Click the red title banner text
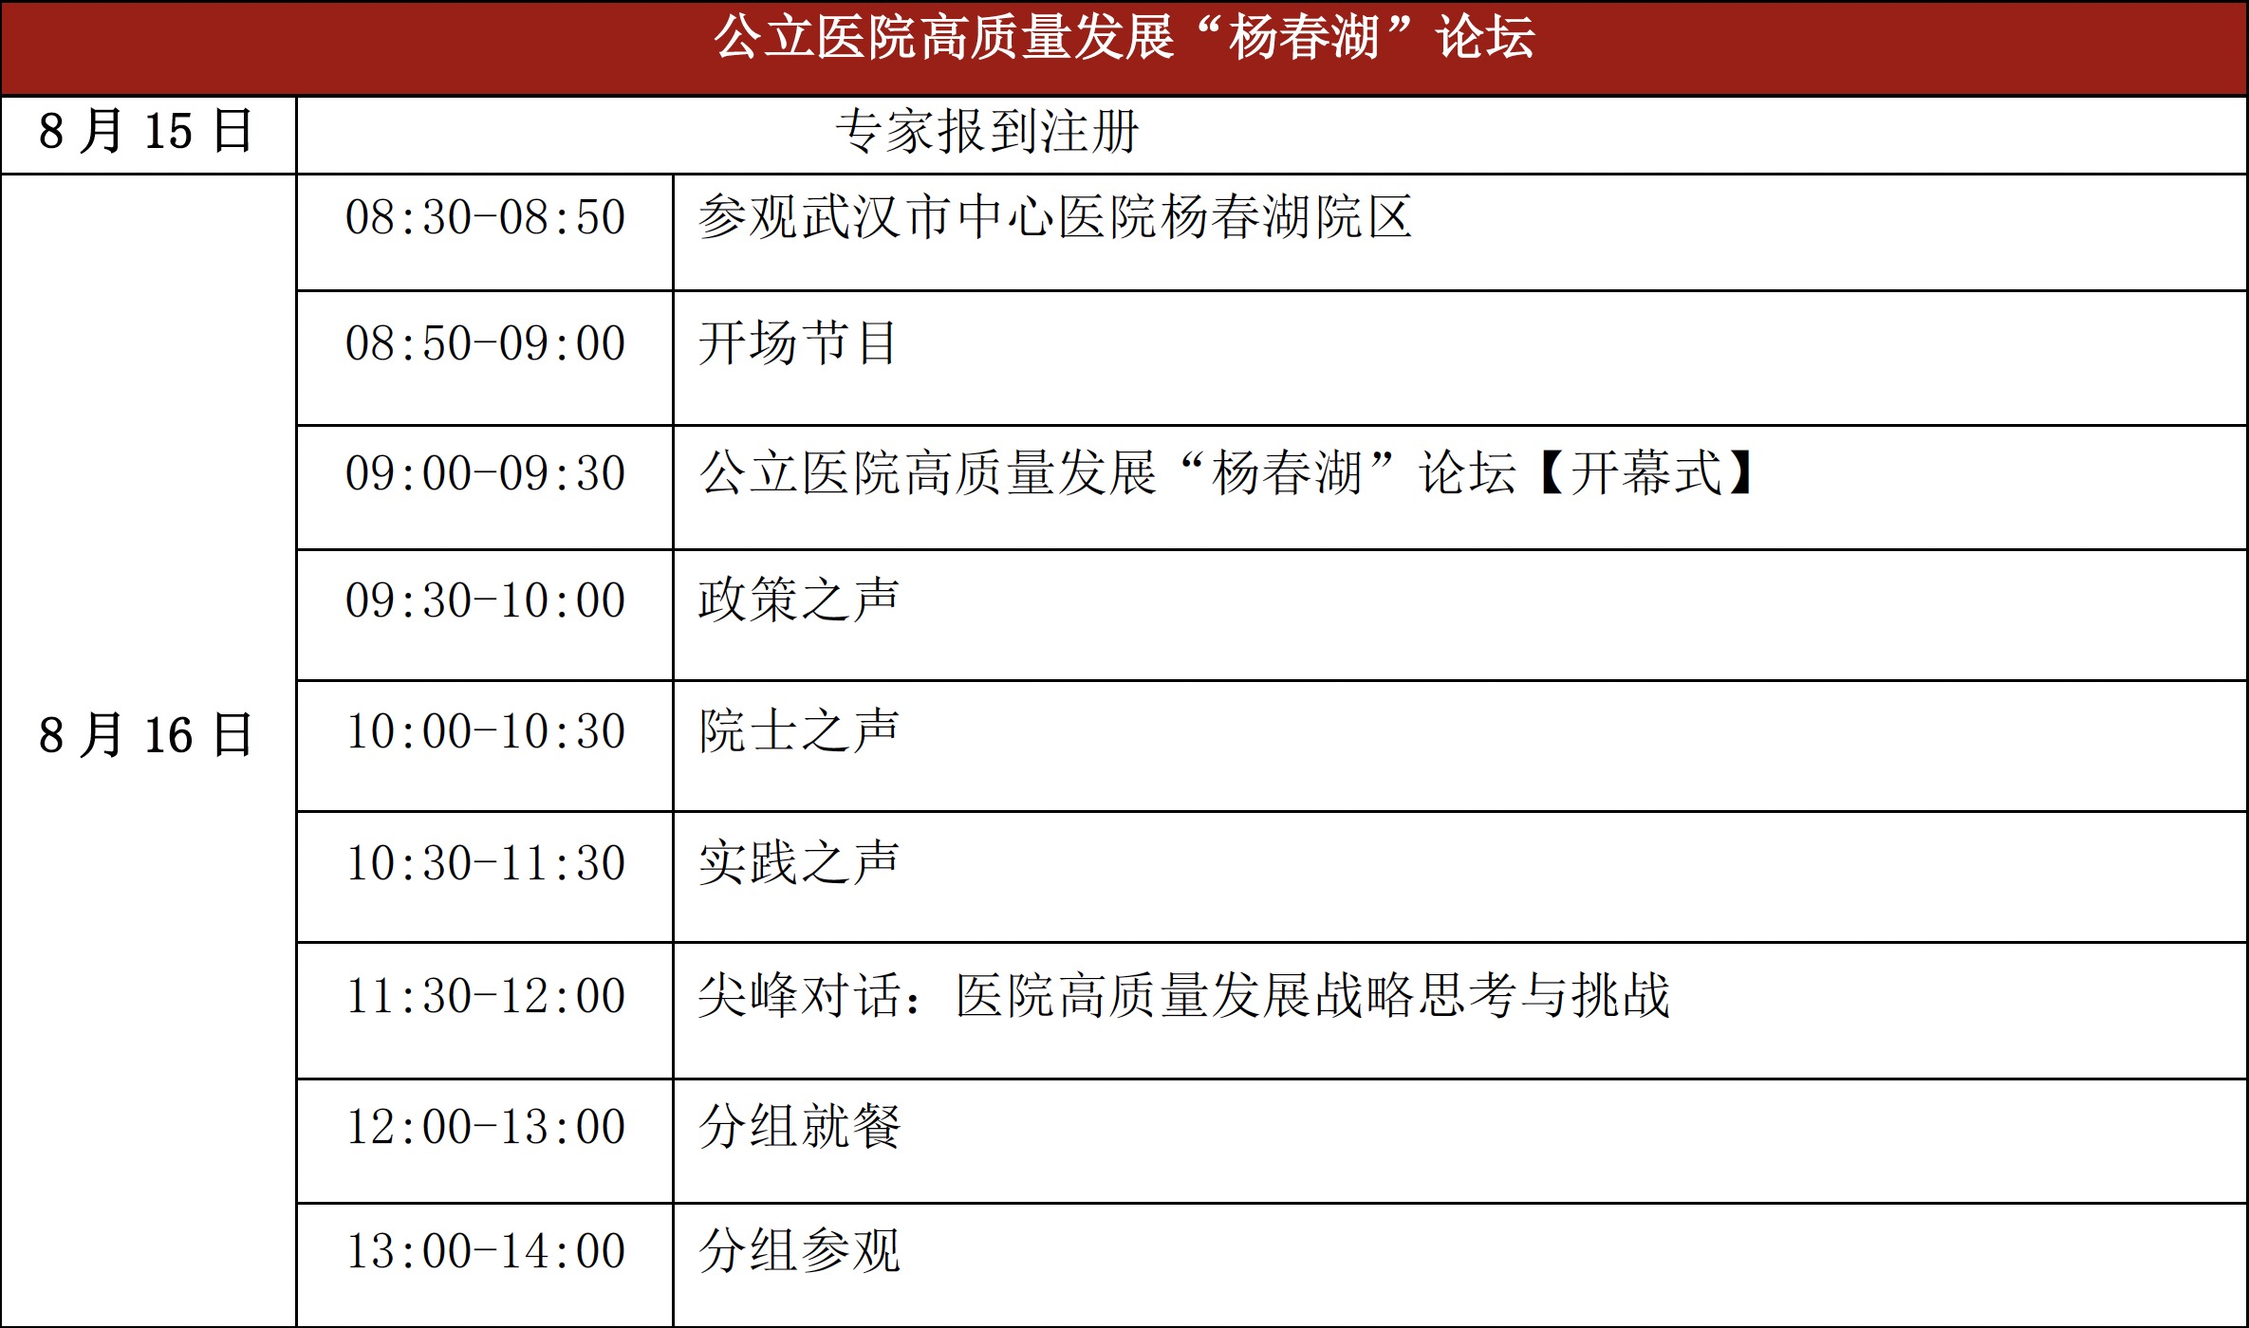click(x=1124, y=38)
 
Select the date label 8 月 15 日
click(x=146, y=131)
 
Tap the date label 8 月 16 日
click(x=146, y=735)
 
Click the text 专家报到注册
click(x=987, y=131)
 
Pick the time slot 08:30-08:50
click(x=485, y=217)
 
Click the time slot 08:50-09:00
click(x=485, y=343)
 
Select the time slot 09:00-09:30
click(x=485, y=473)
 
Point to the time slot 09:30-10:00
click(x=485, y=600)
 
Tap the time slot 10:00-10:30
click(x=485, y=731)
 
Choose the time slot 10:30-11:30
click(x=485, y=863)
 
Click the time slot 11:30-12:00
click(x=485, y=996)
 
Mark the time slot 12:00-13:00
click(x=485, y=1127)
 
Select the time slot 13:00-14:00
click(x=485, y=1251)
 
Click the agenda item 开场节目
click(x=798, y=342)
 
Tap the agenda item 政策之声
click(x=798, y=599)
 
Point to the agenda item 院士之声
click(x=798, y=730)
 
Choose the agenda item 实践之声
click(x=798, y=862)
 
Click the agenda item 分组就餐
click(x=799, y=1126)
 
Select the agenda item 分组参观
click(x=799, y=1250)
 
